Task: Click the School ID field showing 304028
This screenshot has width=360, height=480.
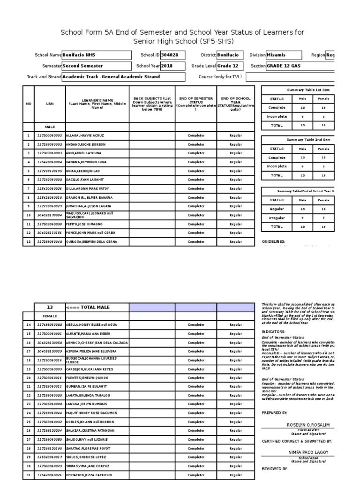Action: click(172, 55)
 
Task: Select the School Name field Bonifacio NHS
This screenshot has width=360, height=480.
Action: click(97, 55)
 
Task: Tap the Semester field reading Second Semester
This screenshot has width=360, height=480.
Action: click(97, 66)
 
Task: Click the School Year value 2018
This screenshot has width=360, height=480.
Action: click(172, 66)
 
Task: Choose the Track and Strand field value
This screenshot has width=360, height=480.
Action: click(123, 77)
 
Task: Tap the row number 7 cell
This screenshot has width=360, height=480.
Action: click(29, 189)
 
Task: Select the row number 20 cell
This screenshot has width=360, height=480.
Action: click(29, 377)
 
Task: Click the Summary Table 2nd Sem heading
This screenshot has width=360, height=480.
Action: click(308, 140)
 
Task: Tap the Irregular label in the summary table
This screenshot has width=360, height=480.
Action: click(277, 217)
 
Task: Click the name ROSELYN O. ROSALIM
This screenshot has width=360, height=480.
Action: click(308, 425)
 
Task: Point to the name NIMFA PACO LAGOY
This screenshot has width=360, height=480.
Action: click(308, 452)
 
